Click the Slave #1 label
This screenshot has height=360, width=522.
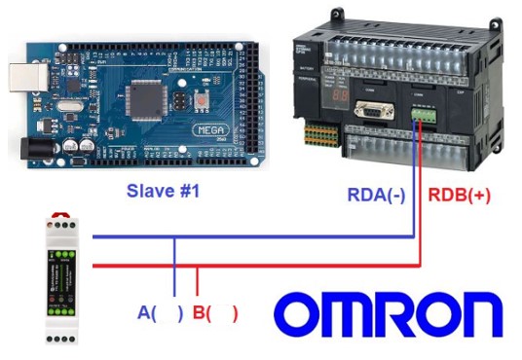click(x=162, y=192)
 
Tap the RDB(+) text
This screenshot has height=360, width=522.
click(x=460, y=195)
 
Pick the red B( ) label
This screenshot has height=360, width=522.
click(x=215, y=313)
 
